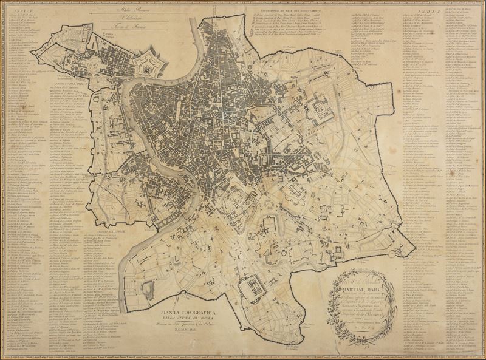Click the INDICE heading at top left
coord(22,10)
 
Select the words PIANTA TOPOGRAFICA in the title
coord(188,314)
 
